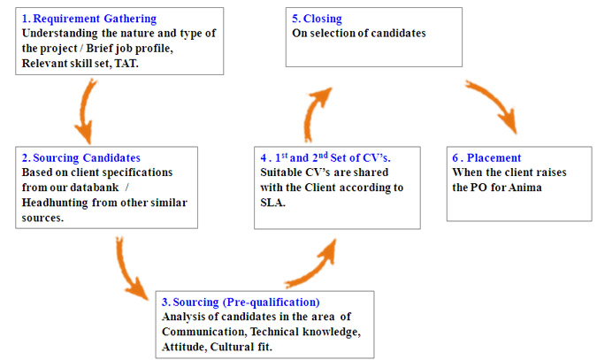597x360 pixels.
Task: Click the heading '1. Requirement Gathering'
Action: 89,19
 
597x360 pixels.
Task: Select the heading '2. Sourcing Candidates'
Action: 81,157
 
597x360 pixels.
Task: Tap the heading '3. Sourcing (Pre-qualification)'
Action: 241,303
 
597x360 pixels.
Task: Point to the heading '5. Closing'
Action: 317,19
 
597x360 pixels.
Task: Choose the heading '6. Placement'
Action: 486,157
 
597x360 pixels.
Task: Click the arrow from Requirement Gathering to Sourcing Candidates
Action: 85,111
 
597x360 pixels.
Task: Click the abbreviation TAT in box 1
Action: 126,63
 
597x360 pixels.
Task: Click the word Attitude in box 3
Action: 185,347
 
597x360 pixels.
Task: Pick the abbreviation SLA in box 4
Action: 272,203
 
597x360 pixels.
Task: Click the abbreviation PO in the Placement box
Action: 479,188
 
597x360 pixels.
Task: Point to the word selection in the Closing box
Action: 335,34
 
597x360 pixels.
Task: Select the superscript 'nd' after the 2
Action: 323,155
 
